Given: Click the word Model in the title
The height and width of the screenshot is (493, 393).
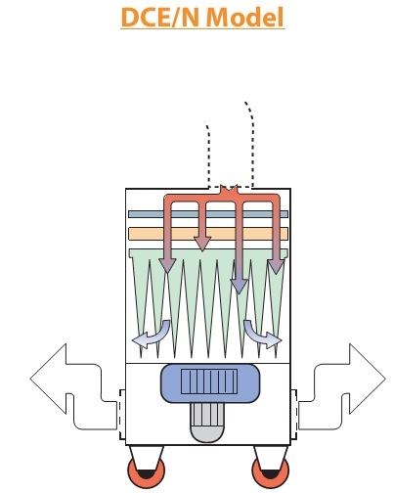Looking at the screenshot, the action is (245, 17).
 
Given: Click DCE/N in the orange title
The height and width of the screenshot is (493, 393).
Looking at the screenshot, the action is (161, 17).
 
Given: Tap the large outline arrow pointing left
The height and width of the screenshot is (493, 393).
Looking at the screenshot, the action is (73, 386).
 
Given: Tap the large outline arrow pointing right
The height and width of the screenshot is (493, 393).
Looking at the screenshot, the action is (342, 386).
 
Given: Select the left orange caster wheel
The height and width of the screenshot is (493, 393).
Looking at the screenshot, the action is (146, 471).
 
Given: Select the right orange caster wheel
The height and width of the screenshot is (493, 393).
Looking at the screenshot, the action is (270, 471).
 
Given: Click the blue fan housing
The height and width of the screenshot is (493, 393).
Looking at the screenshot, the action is (210, 383).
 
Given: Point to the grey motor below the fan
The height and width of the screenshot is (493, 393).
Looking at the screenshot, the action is (206, 423).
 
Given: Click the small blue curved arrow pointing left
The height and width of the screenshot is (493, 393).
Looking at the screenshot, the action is (152, 335).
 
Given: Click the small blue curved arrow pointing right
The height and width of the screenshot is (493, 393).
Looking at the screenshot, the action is (262, 335).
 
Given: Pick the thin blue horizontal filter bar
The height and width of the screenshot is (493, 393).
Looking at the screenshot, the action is (208, 214).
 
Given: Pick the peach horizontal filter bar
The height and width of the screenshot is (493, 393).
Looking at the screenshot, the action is (208, 234).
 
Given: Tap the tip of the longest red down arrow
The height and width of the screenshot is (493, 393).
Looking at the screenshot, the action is (239, 293).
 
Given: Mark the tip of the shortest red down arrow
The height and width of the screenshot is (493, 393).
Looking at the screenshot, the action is (202, 250).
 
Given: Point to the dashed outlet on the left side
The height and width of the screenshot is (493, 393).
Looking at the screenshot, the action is (122, 415).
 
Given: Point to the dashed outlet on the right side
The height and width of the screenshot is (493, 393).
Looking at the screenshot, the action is (293, 415).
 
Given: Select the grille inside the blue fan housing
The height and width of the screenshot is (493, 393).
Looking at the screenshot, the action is (209, 381).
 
